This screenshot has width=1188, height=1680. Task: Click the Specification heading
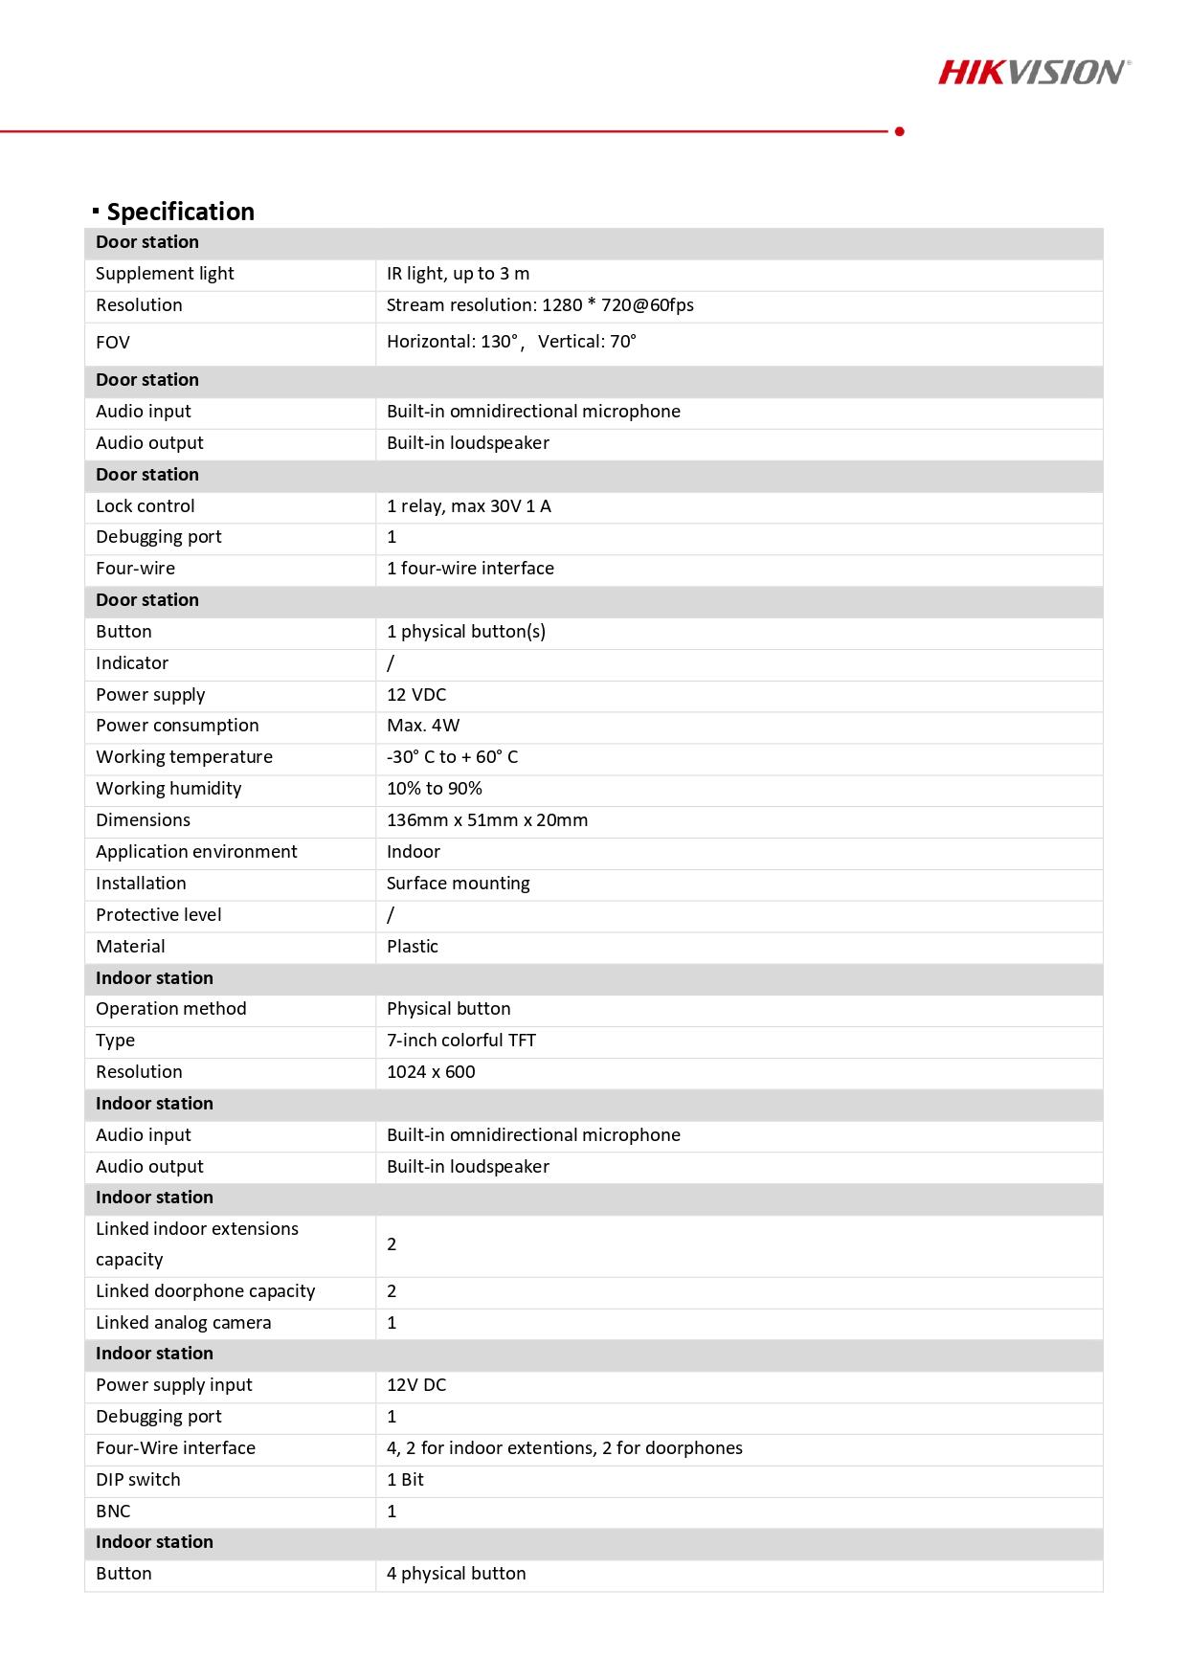pyautogui.click(x=180, y=212)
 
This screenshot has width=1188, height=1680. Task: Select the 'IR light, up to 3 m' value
pyautogui.click(x=458, y=274)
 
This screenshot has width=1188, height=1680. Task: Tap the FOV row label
pyautogui.click(x=113, y=343)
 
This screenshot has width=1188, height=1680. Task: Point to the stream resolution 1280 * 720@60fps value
pyautogui.click(x=540, y=305)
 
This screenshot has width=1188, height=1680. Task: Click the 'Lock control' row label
pyautogui.click(x=146, y=506)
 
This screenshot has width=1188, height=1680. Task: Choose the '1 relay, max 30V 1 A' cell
pyautogui.click(x=469, y=506)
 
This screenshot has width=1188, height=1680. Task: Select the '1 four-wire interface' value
pyautogui.click(x=470, y=569)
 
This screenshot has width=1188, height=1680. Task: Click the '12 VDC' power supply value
pyautogui.click(x=416, y=695)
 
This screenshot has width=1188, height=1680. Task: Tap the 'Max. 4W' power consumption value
pyautogui.click(x=423, y=726)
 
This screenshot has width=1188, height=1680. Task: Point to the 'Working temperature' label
pyautogui.click(x=184, y=757)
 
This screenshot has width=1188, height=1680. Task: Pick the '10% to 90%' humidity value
pyautogui.click(x=435, y=789)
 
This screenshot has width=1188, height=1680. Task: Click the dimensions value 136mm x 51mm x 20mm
pyautogui.click(x=487, y=820)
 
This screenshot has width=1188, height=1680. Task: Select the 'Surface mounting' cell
pyautogui.click(x=458, y=884)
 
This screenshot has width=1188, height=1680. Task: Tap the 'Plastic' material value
pyautogui.click(x=413, y=947)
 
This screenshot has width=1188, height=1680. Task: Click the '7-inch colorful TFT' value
pyautogui.click(x=461, y=1041)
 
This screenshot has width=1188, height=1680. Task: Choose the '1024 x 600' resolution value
pyautogui.click(x=431, y=1072)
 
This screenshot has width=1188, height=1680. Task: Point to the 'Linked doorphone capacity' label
pyautogui.click(x=205, y=1291)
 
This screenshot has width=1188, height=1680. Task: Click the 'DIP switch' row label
pyautogui.click(x=138, y=1480)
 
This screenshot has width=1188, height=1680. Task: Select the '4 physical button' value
pyautogui.click(x=457, y=1574)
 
